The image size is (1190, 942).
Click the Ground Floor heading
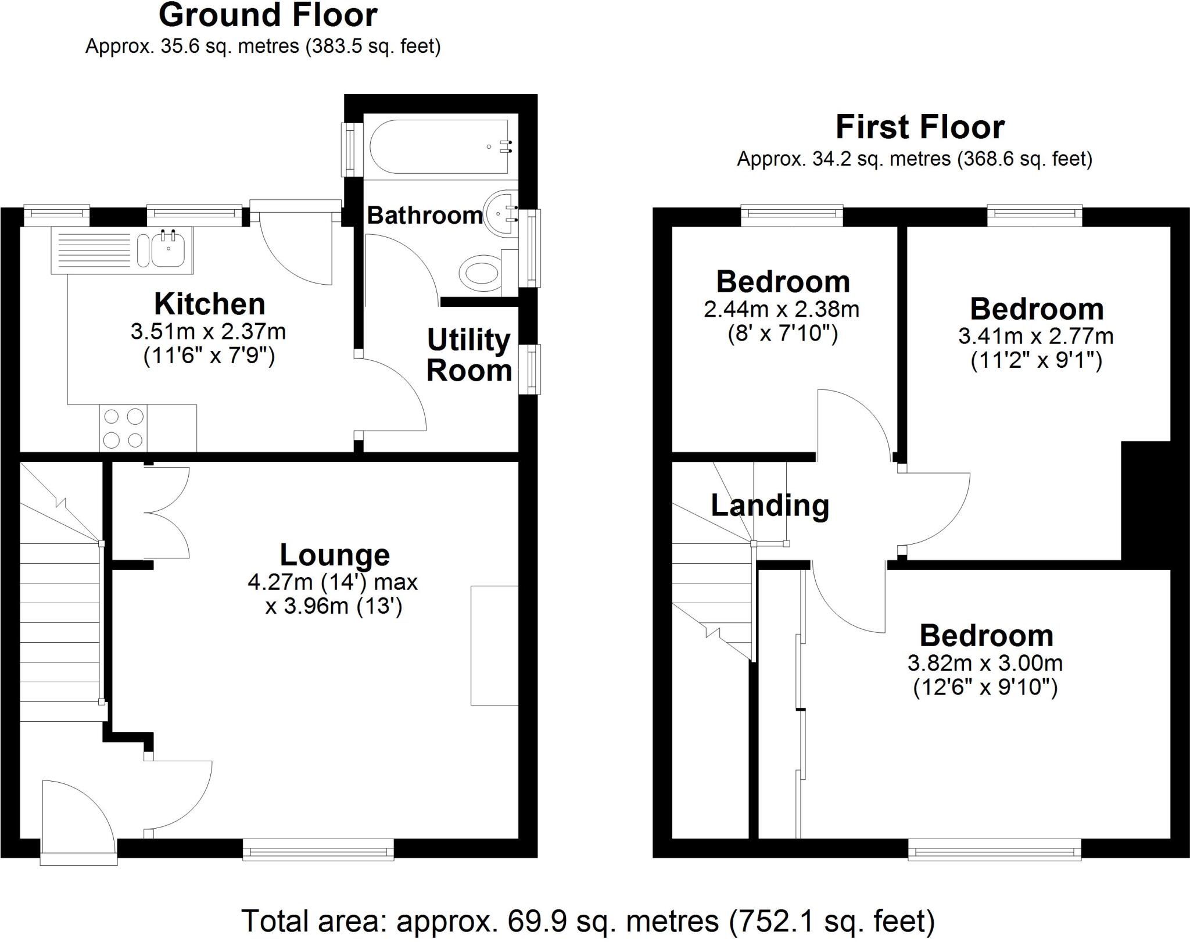click(268, 16)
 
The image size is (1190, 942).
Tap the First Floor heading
click(920, 127)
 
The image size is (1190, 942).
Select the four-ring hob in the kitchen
click(123, 428)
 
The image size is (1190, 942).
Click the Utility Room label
click(468, 355)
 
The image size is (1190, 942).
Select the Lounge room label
click(335, 554)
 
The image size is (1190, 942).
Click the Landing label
click(770, 505)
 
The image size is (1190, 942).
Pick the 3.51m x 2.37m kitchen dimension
click(208, 332)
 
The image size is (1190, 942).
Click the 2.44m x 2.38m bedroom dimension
click(782, 309)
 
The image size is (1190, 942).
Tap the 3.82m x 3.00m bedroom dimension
click(985, 662)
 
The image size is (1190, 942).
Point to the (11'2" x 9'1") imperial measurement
click(1036, 361)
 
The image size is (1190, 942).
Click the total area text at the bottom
click(587, 920)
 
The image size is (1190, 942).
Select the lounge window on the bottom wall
click(318, 852)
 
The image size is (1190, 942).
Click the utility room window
click(529, 370)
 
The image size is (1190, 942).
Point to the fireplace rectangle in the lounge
click(494, 645)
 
